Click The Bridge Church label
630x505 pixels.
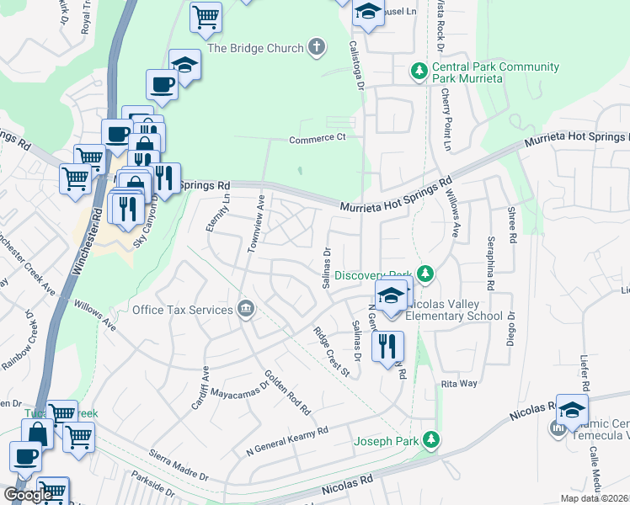pos(255,48)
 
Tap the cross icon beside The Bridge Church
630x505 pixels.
pos(317,46)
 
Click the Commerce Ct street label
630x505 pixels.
pos(318,139)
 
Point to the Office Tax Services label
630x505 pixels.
pos(182,310)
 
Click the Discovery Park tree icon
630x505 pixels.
pos(425,273)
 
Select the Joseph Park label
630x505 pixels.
pos(384,440)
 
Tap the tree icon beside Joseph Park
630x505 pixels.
pos(431,439)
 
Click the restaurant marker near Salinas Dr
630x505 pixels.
pos(387,345)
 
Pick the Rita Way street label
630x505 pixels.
pos(460,383)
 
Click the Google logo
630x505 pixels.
pos(27,494)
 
